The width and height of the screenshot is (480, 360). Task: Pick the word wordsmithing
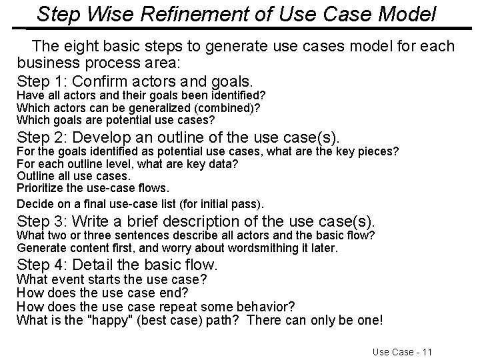pyautogui.click(x=264, y=248)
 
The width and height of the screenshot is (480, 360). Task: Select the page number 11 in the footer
pyautogui.click(x=426, y=351)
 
